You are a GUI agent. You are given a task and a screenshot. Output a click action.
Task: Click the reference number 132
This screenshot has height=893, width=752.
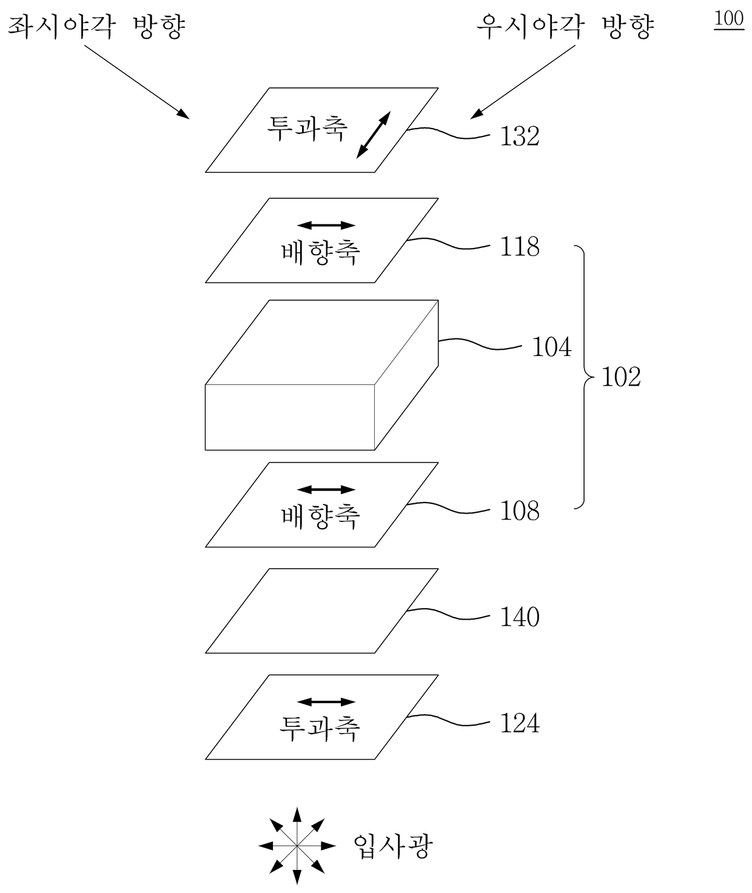click(519, 136)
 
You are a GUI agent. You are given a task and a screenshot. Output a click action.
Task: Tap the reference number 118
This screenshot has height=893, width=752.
click(519, 247)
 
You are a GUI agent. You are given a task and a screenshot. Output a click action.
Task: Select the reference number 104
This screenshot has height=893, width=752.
click(551, 347)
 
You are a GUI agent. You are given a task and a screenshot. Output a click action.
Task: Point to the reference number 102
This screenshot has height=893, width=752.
click(620, 377)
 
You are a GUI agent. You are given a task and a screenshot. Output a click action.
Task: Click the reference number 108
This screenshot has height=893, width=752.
click(519, 511)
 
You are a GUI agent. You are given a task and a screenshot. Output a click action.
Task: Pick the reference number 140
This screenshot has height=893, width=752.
click(519, 617)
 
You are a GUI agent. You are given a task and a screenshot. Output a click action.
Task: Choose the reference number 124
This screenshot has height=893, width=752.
click(519, 723)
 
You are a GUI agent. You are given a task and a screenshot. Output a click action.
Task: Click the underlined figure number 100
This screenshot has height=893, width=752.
click(728, 19)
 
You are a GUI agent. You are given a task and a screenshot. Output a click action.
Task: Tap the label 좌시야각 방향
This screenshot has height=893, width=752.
click(95, 27)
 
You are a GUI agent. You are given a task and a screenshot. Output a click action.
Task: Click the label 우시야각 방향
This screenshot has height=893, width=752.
click(565, 27)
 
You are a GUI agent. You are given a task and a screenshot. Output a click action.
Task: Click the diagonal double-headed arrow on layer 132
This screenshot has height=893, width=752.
click(373, 135)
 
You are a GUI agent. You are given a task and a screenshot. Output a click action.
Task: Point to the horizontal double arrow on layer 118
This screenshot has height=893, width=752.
click(326, 226)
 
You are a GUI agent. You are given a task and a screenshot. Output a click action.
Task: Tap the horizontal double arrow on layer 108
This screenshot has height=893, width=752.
click(326, 489)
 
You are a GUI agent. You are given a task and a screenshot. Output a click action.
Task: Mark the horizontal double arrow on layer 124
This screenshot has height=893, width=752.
click(326, 702)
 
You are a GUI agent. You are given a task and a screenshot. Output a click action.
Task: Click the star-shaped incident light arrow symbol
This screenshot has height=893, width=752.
click(297, 845)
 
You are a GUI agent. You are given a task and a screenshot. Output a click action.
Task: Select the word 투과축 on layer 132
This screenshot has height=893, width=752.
click(307, 128)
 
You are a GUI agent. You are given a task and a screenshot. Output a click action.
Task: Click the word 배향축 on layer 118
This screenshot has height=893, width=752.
click(320, 252)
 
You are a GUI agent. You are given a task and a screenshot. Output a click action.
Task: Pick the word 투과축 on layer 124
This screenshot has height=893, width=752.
click(320, 727)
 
